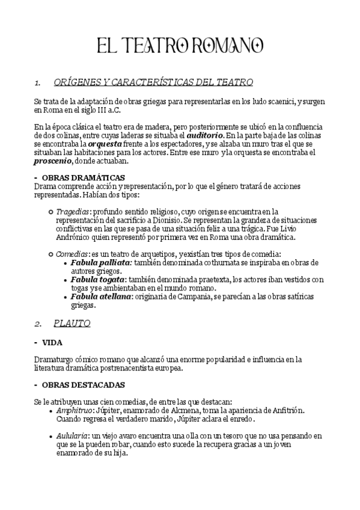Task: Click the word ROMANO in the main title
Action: point(228,45)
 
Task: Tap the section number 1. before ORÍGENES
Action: point(37,82)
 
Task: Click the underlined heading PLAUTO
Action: point(72,324)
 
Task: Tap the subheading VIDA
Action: point(52,342)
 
